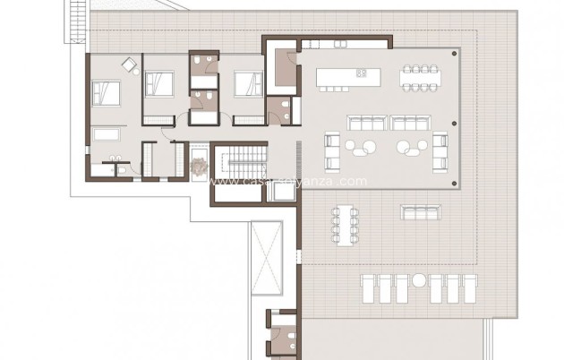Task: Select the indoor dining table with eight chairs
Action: click(x=419, y=77)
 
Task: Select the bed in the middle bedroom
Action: click(x=161, y=85)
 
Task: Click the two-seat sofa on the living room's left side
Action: click(x=331, y=150)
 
